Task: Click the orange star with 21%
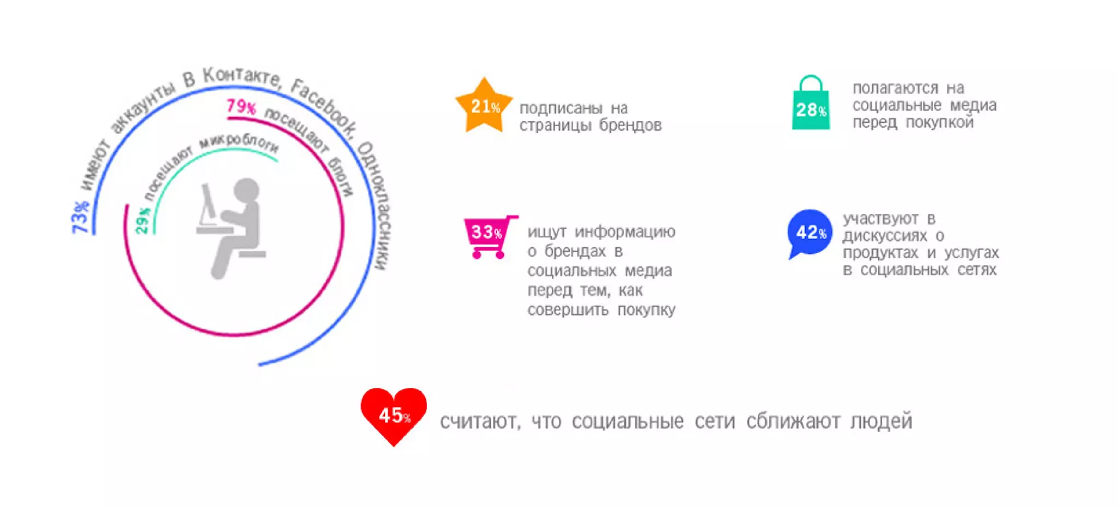(484, 106)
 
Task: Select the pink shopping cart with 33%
(487, 233)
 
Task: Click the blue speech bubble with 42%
(810, 232)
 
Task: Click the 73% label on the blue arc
(80, 217)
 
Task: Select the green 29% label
(142, 220)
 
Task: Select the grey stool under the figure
(252, 254)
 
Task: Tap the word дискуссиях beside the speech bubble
(884, 236)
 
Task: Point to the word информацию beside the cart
(625, 232)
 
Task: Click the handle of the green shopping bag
(811, 82)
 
